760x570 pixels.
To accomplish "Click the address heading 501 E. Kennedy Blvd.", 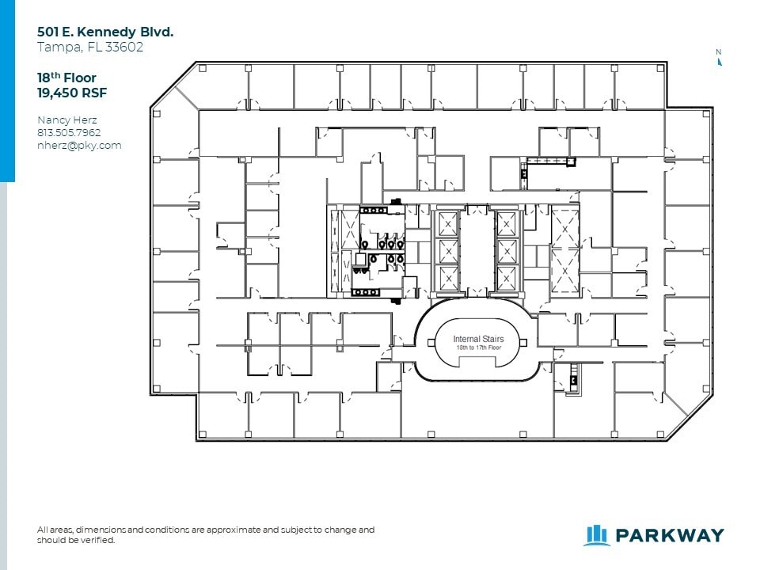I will click(x=105, y=32).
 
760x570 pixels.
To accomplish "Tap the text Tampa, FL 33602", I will click(x=90, y=47).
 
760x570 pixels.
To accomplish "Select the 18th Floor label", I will click(x=67, y=78).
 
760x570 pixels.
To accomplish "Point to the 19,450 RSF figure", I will click(x=72, y=93).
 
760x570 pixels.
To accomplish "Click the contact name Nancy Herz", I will click(x=66, y=120).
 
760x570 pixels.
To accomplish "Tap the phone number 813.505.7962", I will click(x=69, y=132).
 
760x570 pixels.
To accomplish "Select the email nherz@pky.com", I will click(x=79, y=145).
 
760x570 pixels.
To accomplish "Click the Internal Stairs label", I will click(x=478, y=339).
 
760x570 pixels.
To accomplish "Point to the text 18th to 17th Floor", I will click(x=478, y=348).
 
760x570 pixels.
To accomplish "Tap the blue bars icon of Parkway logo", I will click(x=595, y=535).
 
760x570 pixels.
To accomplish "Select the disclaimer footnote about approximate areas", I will click(x=206, y=534).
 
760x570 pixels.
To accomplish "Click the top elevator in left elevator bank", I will click(x=448, y=225).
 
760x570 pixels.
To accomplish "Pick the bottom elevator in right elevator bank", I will click(x=506, y=278).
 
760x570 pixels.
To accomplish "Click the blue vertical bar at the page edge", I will click(x=7, y=91).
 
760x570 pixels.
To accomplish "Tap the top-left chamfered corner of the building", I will click(x=173, y=85).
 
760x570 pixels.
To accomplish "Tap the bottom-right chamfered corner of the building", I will click(x=688, y=417).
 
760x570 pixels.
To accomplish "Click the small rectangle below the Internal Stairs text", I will click(x=477, y=362).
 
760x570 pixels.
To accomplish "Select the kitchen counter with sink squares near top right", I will click(x=550, y=161).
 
